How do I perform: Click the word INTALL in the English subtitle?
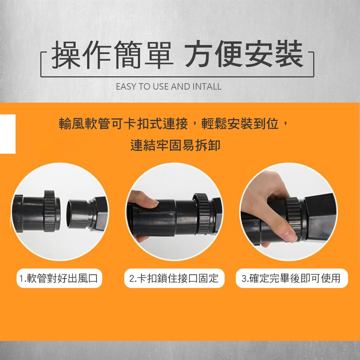tap(207, 87)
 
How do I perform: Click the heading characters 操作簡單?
tap(112, 55)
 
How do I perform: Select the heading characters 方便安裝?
tap(244, 54)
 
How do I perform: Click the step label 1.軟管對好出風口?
tap(59, 278)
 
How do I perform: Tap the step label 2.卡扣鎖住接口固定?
tap(174, 278)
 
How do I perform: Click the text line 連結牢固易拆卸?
tap(175, 145)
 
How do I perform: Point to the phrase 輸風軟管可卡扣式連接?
tap(123, 124)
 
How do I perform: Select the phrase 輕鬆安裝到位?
tap(240, 124)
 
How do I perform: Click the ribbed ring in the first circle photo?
tap(49, 211)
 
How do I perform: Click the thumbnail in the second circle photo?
tap(152, 203)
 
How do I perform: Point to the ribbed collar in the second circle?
tap(201, 213)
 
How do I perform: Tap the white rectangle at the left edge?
tap(7, 134)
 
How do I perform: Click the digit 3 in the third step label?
tap(244, 279)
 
